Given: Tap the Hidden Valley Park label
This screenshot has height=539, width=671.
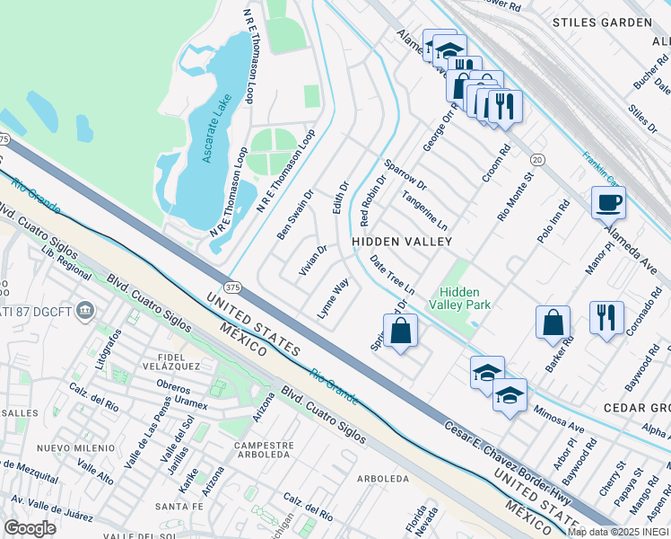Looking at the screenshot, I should tap(459, 298).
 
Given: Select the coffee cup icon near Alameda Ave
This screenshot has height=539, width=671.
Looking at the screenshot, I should tap(608, 202).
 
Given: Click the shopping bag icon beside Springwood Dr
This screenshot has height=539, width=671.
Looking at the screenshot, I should tap(401, 330).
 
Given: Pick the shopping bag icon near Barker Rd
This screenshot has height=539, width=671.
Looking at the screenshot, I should tap(553, 322).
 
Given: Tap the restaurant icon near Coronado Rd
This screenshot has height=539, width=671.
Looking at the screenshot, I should tap(606, 317).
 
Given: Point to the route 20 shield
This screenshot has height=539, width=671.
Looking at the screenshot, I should tap(537, 159).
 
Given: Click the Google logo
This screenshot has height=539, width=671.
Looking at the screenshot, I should tap(30, 528).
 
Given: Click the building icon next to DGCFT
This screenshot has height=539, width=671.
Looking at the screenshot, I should tap(85, 310).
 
